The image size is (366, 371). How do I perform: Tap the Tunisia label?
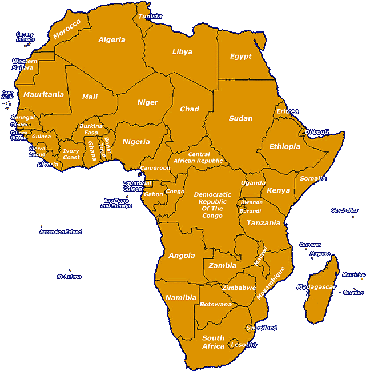click(x=150, y=16)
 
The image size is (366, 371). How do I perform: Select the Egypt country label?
click(x=240, y=57)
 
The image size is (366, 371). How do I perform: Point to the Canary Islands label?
click(x=25, y=37)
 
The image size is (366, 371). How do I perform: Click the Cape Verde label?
click(x=7, y=95)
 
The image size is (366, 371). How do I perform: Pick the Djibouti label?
click(x=316, y=132)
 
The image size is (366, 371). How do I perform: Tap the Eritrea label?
click(x=287, y=111)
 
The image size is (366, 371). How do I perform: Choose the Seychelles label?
click(x=344, y=210)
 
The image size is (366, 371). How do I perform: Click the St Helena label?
click(x=69, y=277)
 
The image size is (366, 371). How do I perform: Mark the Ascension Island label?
click(x=61, y=232)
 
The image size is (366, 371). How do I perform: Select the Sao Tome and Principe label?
click(x=116, y=203)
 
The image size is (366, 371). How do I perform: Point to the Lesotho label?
click(x=243, y=345)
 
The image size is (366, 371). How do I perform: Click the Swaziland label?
click(x=262, y=328)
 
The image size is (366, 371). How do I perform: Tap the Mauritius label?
click(x=353, y=275)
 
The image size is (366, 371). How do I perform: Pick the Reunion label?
click(x=353, y=293)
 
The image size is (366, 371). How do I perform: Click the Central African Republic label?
click(x=199, y=158)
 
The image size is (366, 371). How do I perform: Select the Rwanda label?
click(x=251, y=202)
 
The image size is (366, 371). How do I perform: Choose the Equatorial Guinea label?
click(x=137, y=186)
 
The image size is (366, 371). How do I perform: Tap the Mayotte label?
click(x=320, y=254)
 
